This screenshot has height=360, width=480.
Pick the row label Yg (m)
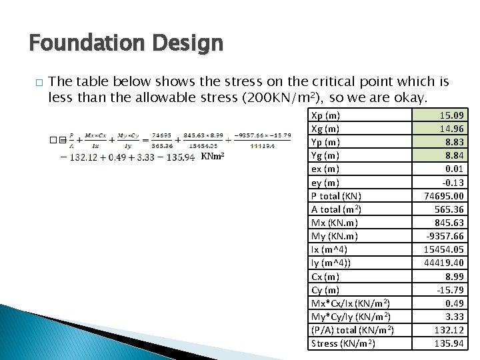[x=325, y=155]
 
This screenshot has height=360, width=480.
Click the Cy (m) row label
[x=325, y=290]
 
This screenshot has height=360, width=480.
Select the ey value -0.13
[x=454, y=183]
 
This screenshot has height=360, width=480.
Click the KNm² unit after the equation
[x=213, y=157]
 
